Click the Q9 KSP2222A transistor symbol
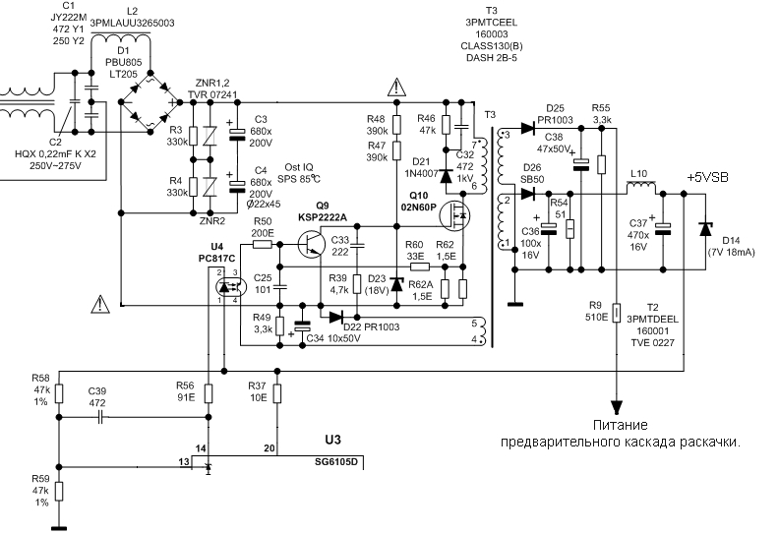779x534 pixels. tap(312, 245)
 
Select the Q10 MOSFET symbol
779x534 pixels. tap(454, 214)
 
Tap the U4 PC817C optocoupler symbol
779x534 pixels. tap(230, 286)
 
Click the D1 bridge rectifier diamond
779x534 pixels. tap(150, 102)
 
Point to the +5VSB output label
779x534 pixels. tap(707, 177)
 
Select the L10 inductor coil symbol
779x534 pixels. tap(641, 188)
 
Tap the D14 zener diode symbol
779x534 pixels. tap(705, 229)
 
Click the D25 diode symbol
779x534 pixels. tap(527, 128)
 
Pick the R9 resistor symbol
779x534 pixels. tap(616, 314)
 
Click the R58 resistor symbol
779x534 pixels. tap(59, 393)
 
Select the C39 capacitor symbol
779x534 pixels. tap(101, 417)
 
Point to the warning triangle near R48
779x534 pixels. tap(396, 88)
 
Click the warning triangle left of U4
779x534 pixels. tap(100, 304)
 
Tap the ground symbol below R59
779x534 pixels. tap(59, 528)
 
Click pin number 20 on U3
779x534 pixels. tap(270, 448)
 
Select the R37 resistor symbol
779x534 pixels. tap(277, 393)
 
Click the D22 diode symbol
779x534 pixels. tap(336, 317)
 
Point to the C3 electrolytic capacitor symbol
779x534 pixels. tap(237, 134)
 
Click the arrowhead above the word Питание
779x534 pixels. tap(616, 407)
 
